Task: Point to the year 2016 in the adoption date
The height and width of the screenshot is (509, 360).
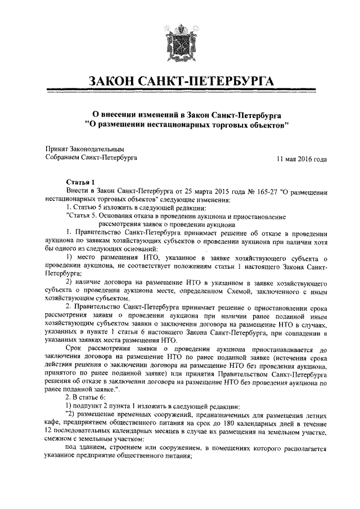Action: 304,159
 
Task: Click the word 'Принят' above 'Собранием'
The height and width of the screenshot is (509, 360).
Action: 56,149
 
